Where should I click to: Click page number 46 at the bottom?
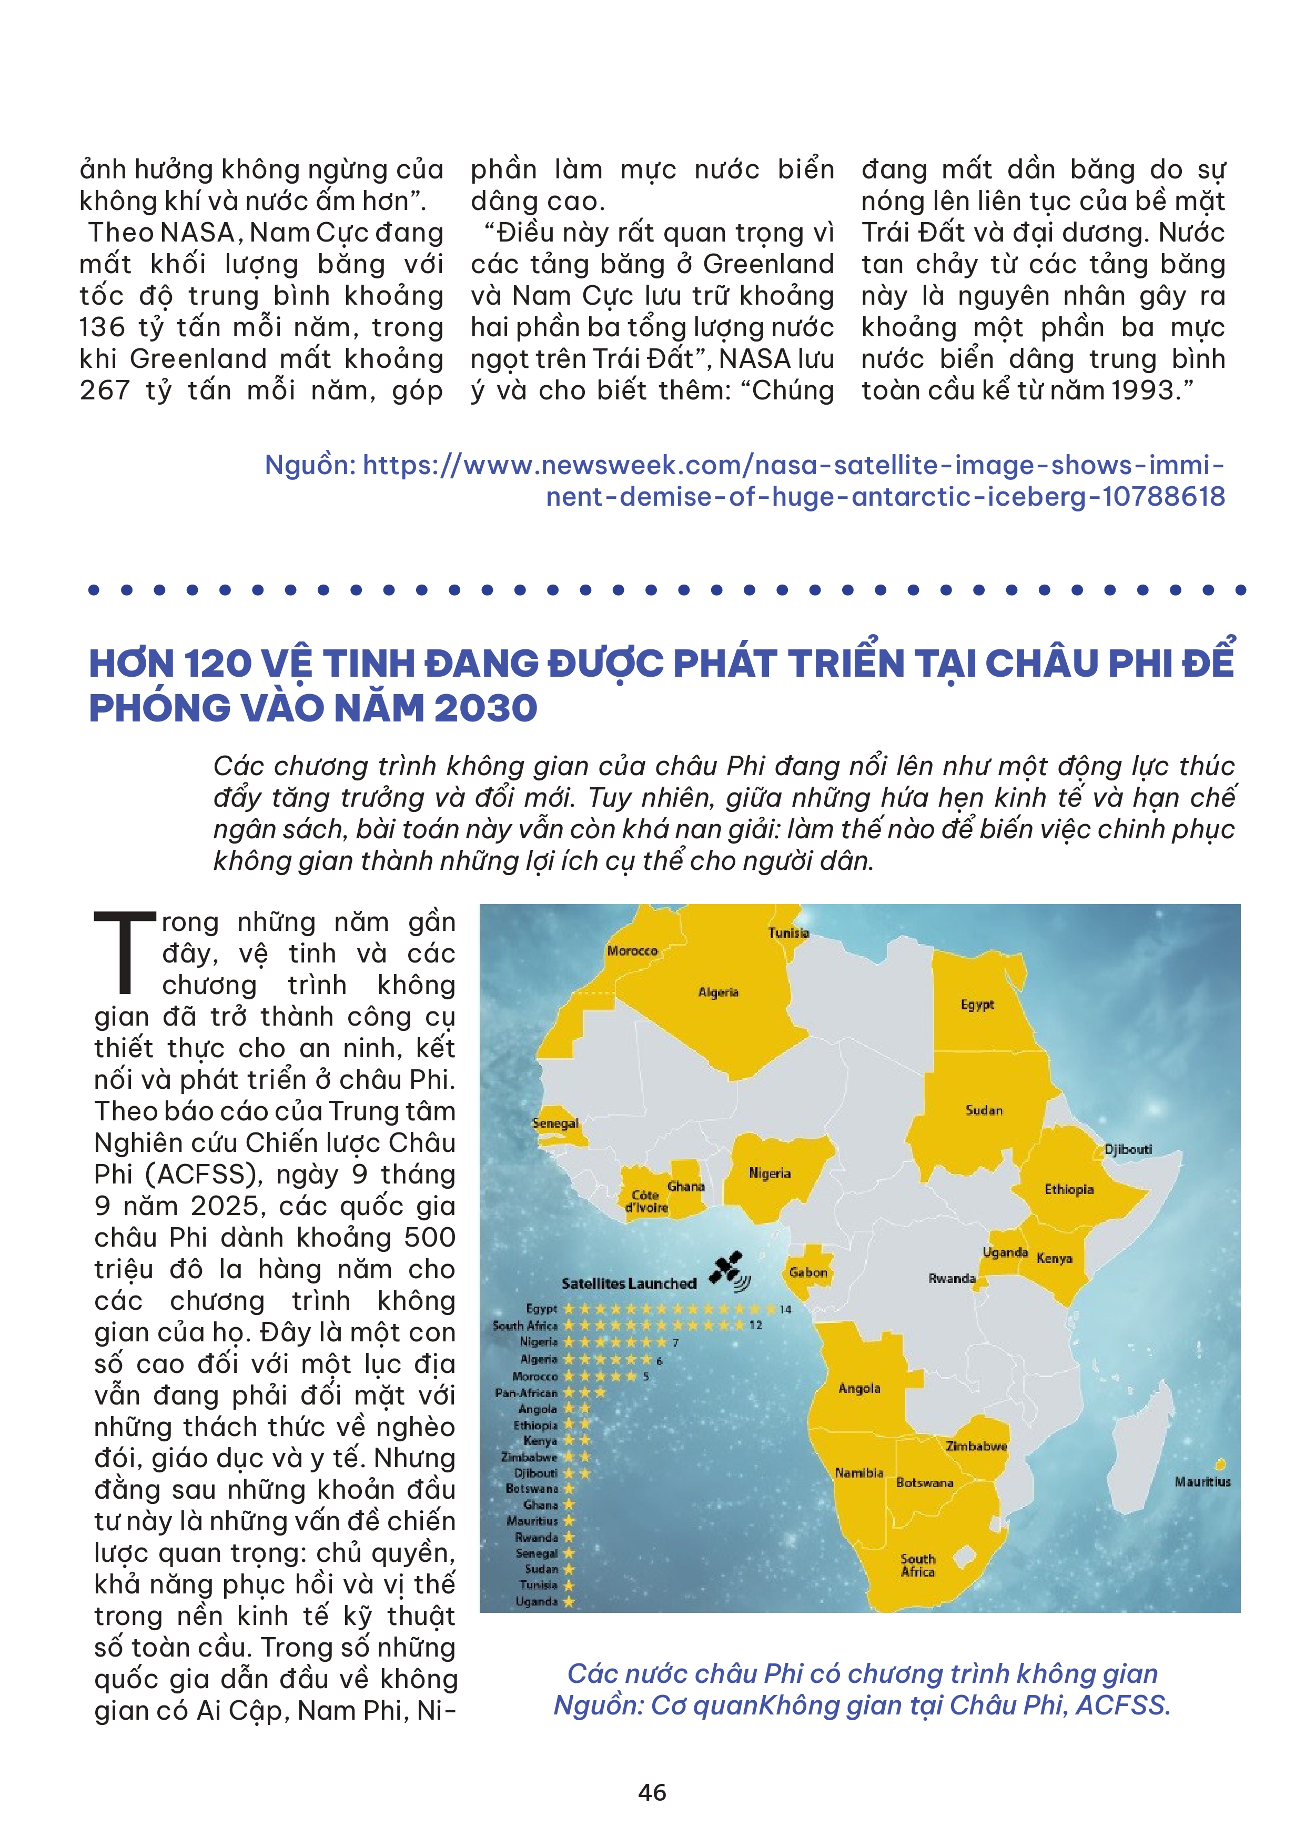pyautogui.click(x=652, y=1792)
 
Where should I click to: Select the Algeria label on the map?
pyautogui.click(x=717, y=992)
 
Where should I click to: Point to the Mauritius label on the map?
pyautogui.click(x=1202, y=1482)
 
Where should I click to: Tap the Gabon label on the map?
pyautogui.click(x=807, y=1273)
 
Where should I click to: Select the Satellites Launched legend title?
pyautogui.click(x=629, y=1284)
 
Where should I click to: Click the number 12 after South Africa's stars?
pyautogui.click(x=755, y=1325)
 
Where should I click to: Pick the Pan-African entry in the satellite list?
pyautogui.click(x=527, y=1392)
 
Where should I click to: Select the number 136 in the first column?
pyautogui.click(x=102, y=327)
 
